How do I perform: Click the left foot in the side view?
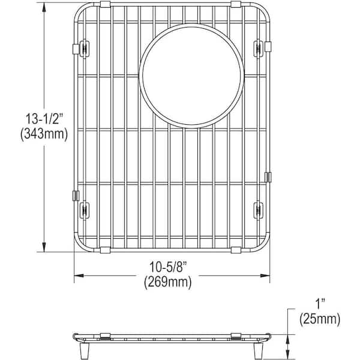click(83, 349)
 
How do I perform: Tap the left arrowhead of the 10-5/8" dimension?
click(77, 276)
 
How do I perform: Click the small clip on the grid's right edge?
click(268, 177)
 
